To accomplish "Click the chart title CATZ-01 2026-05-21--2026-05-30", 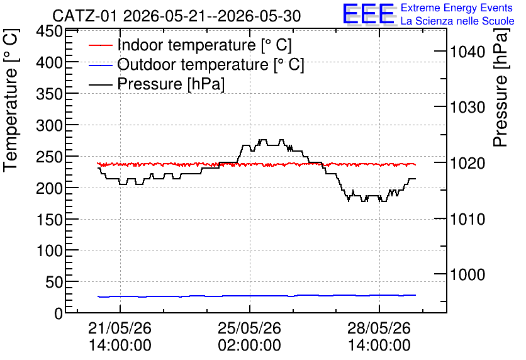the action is [x=176, y=16].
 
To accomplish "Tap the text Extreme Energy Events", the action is [x=457, y=8].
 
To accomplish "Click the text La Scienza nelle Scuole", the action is [x=457, y=21].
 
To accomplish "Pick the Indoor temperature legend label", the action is [x=204, y=45].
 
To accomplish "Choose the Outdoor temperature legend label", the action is [x=211, y=64].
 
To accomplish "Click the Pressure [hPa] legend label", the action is [x=171, y=84].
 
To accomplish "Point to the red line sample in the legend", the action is [x=100, y=45].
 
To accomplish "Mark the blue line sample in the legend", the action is [x=100, y=65].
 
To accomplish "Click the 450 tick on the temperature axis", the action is [x=49, y=32].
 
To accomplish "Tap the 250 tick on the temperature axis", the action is [x=49, y=157].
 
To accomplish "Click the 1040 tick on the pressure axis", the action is [x=467, y=52].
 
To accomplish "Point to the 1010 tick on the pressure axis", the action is [x=467, y=220].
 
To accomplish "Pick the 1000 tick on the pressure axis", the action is [x=467, y=275].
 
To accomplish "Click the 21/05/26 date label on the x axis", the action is [x=120, y=328].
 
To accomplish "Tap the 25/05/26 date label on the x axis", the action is [x=249, y=328].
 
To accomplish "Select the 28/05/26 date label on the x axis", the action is [x=379, y=328].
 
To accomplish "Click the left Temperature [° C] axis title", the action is [x=11, y=100].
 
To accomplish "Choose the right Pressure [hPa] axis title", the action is [x=501, y=87].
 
